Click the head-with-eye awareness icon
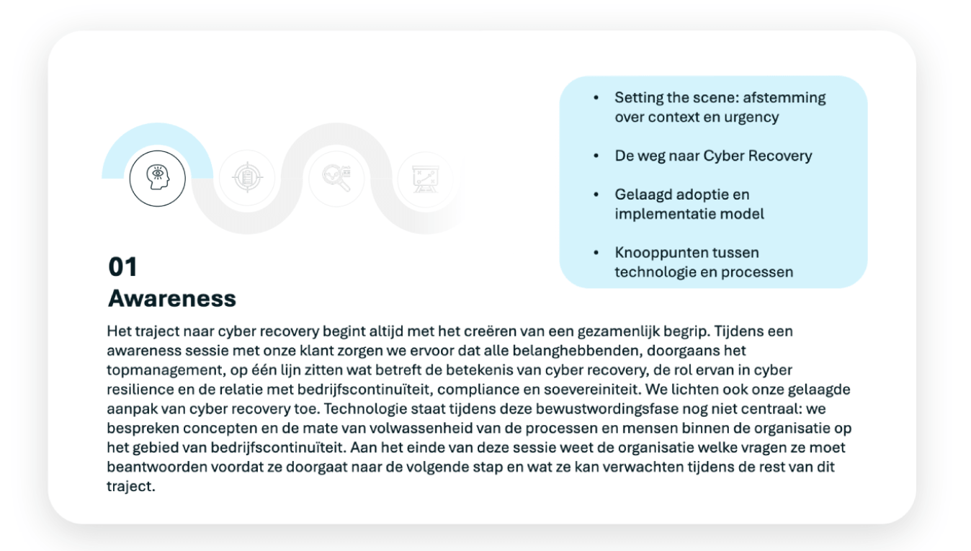(x=157, y=177)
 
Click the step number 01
(x=122, y=267)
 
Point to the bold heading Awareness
(x=172, y=298)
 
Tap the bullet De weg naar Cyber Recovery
(x=713, y=156)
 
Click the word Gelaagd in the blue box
(x=640, y=194)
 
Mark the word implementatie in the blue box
(x=658, y=214)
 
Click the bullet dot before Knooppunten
(x=596, y=254)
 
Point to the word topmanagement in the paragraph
(x=149, y=369)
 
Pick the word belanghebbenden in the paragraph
(x=540, y=351)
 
